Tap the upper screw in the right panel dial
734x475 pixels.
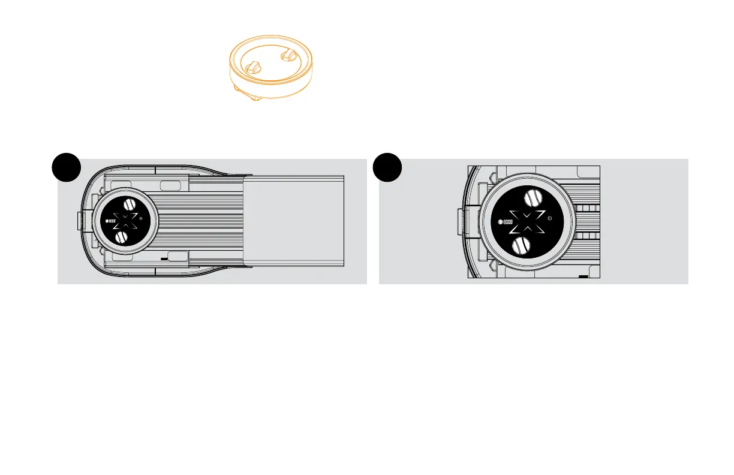[533, 199]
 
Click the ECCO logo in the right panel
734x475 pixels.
[506, 224]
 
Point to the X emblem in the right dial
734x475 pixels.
[527, 223]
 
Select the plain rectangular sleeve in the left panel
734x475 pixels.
[294, 220]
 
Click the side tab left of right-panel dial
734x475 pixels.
[462, 223]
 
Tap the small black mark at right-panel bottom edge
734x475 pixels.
[583, 277]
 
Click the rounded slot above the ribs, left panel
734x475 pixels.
[169, 183]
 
